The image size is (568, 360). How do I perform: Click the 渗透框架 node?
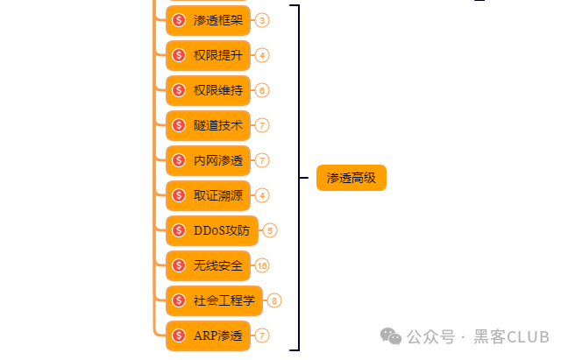(x=209, y=20)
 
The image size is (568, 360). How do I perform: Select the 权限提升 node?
(x=209, y=55)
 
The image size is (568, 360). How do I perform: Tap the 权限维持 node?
(x=209, y=90)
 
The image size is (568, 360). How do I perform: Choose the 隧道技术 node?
(x=209, y=125)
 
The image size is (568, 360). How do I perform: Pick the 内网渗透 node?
(x=209, y=160)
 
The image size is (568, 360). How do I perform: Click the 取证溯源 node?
(x=209, y=195)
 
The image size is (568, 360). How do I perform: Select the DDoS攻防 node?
(x=212, y=230)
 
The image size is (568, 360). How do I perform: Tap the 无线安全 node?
(x=209, y=265)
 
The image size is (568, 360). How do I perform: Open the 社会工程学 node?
(x=216, y=300)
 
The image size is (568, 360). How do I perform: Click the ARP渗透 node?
(x=209, y=335)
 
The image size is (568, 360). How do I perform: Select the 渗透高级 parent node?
(x=351, y=178)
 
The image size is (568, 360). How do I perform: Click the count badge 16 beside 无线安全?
(x=262, y=265)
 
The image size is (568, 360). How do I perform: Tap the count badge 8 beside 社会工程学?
(x=275, y=300)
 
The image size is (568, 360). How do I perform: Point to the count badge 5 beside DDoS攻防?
(x=270, y=230)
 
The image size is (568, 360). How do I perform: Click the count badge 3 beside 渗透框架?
(x=262, y=20)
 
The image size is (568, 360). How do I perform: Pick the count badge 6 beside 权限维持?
(x=262, y=90)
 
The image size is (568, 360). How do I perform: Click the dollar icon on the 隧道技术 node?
(x=179, y=125)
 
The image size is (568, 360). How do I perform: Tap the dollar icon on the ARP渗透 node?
(x=179, y=335)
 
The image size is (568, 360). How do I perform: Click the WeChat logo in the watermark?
(x=388, y=335)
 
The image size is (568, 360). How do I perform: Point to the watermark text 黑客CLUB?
(x=512, y=336)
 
